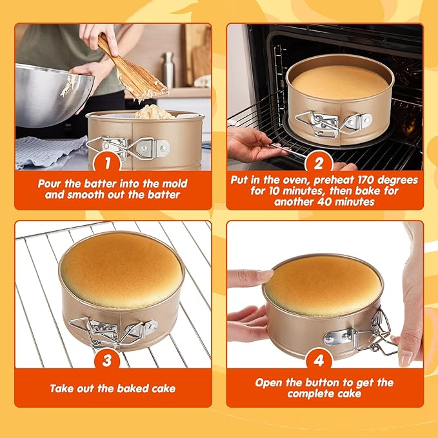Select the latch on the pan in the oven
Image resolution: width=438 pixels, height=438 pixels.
point(332,122)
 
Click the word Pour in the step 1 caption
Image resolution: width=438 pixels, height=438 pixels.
point(51,183)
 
